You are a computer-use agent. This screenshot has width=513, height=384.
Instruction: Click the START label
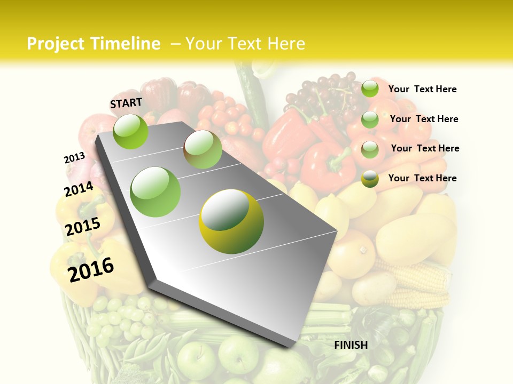click(x=126, y=103)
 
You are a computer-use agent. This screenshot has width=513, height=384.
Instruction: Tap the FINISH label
click(x=351, y=345)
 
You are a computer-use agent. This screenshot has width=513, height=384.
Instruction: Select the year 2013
click(x=74, y=158)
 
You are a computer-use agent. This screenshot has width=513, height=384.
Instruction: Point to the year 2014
click(x=79, y=189)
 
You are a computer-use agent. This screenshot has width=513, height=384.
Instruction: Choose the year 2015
click(x=83, y=227)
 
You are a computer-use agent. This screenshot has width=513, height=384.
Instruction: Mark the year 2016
click(x=91, y=269)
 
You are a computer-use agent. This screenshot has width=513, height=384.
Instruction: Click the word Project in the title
click(x=56, y=44)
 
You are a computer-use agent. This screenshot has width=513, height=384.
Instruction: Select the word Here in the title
click(x=285, y=44)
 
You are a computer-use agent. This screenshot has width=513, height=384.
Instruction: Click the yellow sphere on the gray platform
click(x=231, y=221)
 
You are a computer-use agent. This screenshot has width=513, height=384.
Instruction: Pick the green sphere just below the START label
click(x=131, y=131)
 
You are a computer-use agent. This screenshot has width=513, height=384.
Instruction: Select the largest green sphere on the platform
click(x=156, y=192)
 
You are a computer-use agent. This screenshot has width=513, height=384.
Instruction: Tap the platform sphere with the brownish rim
click(x=203, y=149)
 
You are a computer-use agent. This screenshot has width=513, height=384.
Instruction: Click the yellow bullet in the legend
click(x=370, y=179)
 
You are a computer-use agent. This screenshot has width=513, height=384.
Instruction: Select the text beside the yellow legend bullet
click(x=422, y=178)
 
